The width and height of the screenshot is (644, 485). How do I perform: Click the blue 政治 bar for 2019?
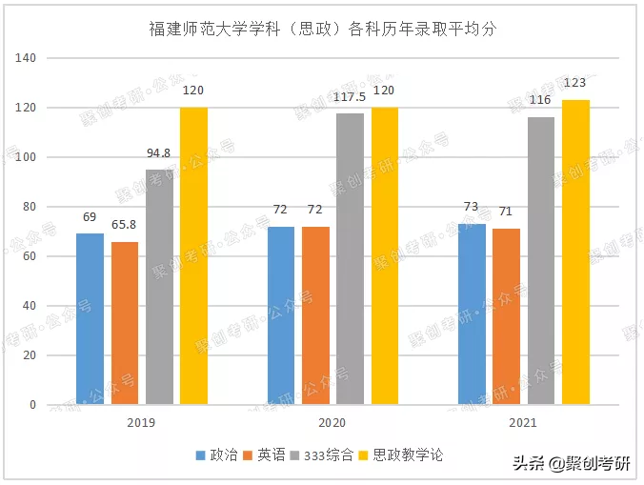[90, 319]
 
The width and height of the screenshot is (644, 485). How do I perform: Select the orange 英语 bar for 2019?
[125, 323]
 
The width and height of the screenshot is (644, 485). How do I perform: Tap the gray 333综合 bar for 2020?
[350, 259]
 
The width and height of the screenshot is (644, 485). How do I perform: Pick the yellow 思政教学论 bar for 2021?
[575, 253]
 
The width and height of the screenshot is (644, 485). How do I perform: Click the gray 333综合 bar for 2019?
[159, 287]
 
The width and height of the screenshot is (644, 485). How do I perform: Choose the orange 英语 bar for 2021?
[507, 316]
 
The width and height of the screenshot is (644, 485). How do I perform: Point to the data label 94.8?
[159, 153]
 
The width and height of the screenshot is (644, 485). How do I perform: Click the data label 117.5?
[350, 97]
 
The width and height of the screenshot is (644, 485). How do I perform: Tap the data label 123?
[574, 83]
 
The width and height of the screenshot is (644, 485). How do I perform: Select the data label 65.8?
[125, 226]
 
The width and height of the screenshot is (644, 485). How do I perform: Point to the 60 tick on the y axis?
[30, 256]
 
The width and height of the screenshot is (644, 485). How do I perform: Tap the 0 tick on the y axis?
[32, 405]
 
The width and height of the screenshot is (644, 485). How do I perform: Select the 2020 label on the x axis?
[332, 422]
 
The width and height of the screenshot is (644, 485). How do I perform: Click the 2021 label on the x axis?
[523, 422]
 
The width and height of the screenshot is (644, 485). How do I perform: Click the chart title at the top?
[323, 29]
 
